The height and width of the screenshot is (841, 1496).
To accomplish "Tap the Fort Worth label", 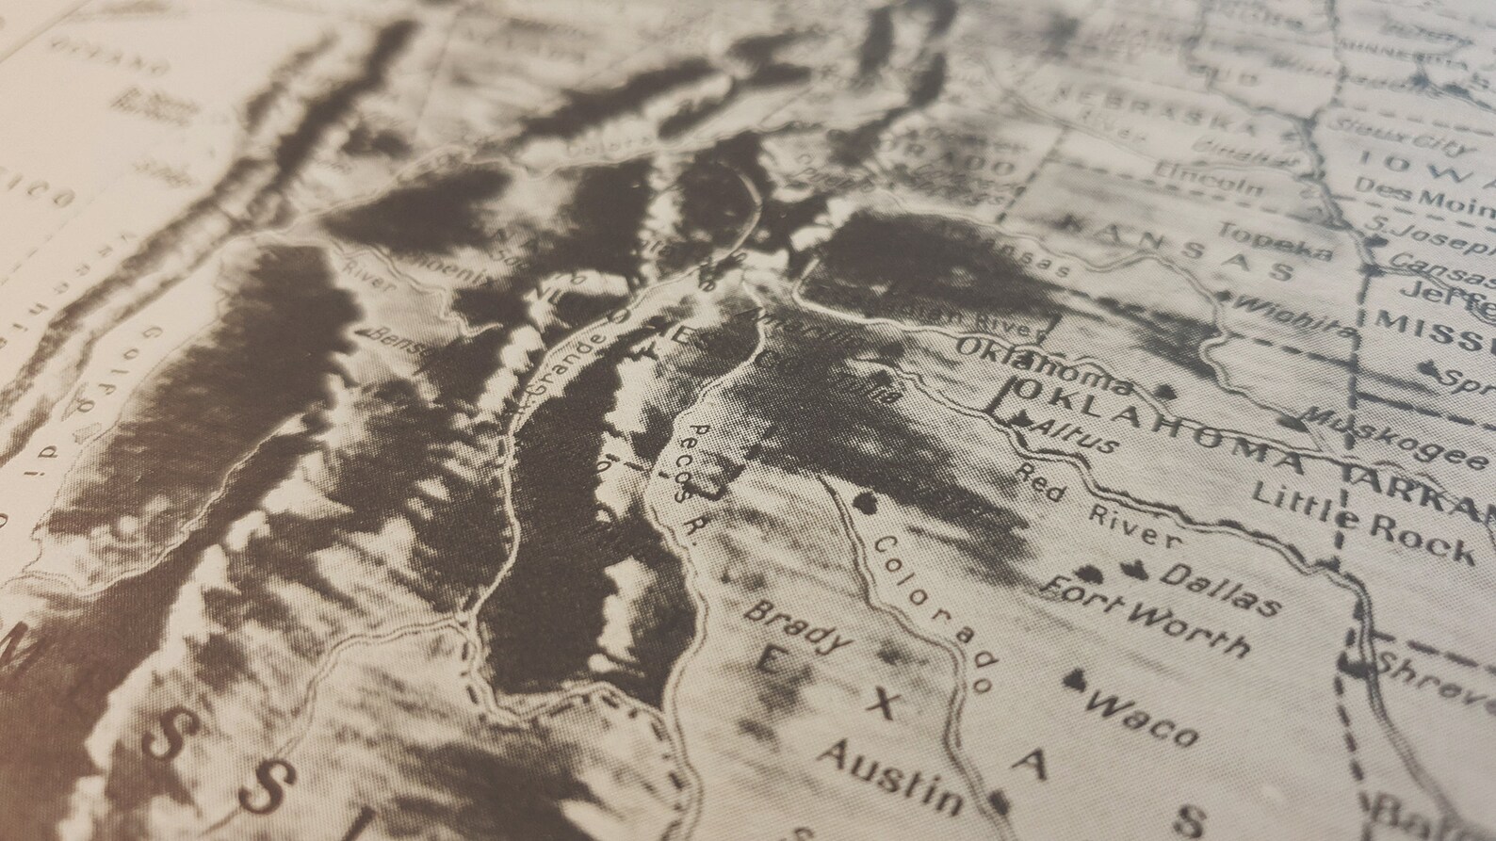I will point(1148,617).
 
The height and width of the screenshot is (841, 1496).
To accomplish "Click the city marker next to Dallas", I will point(1135,568).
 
